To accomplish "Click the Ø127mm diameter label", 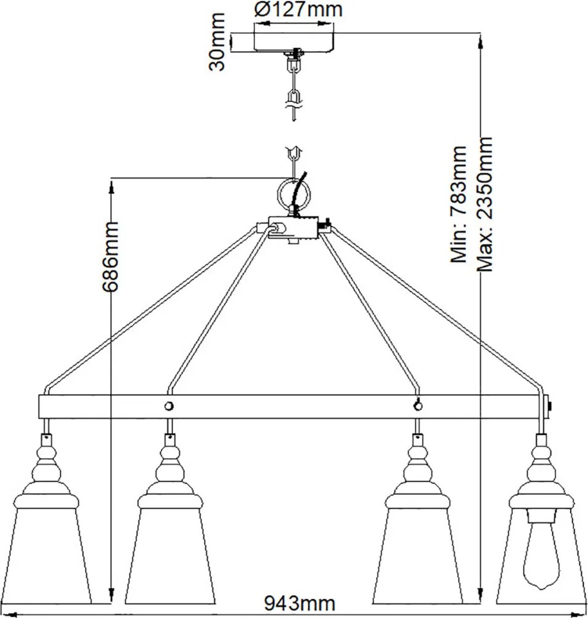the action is pyautogui.click(x=298, y=9).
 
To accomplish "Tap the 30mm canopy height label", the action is pyautogui.click(x=217, y=42).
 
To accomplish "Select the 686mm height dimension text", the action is pyautogui.click(x=110, y=256).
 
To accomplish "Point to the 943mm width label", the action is pyautogui.click(x=300, y=603).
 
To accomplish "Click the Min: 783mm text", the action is pyautogui.click(x=459, y=204).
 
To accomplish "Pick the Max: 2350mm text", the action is pyautogui.click(x=485, y=204).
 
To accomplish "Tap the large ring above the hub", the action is pyautogui.click(x=293, y=194).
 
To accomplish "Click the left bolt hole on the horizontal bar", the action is pyautogui.click(x=169, y=406).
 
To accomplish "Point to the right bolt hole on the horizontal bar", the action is pyautogui.click(x=418, y=406).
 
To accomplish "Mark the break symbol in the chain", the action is pyautogui.click(x=293, y=106).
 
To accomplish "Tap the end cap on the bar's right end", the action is pyautogui.click(x=549, y=406).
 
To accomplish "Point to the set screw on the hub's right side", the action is pyautogui.click(x=324, y=225).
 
